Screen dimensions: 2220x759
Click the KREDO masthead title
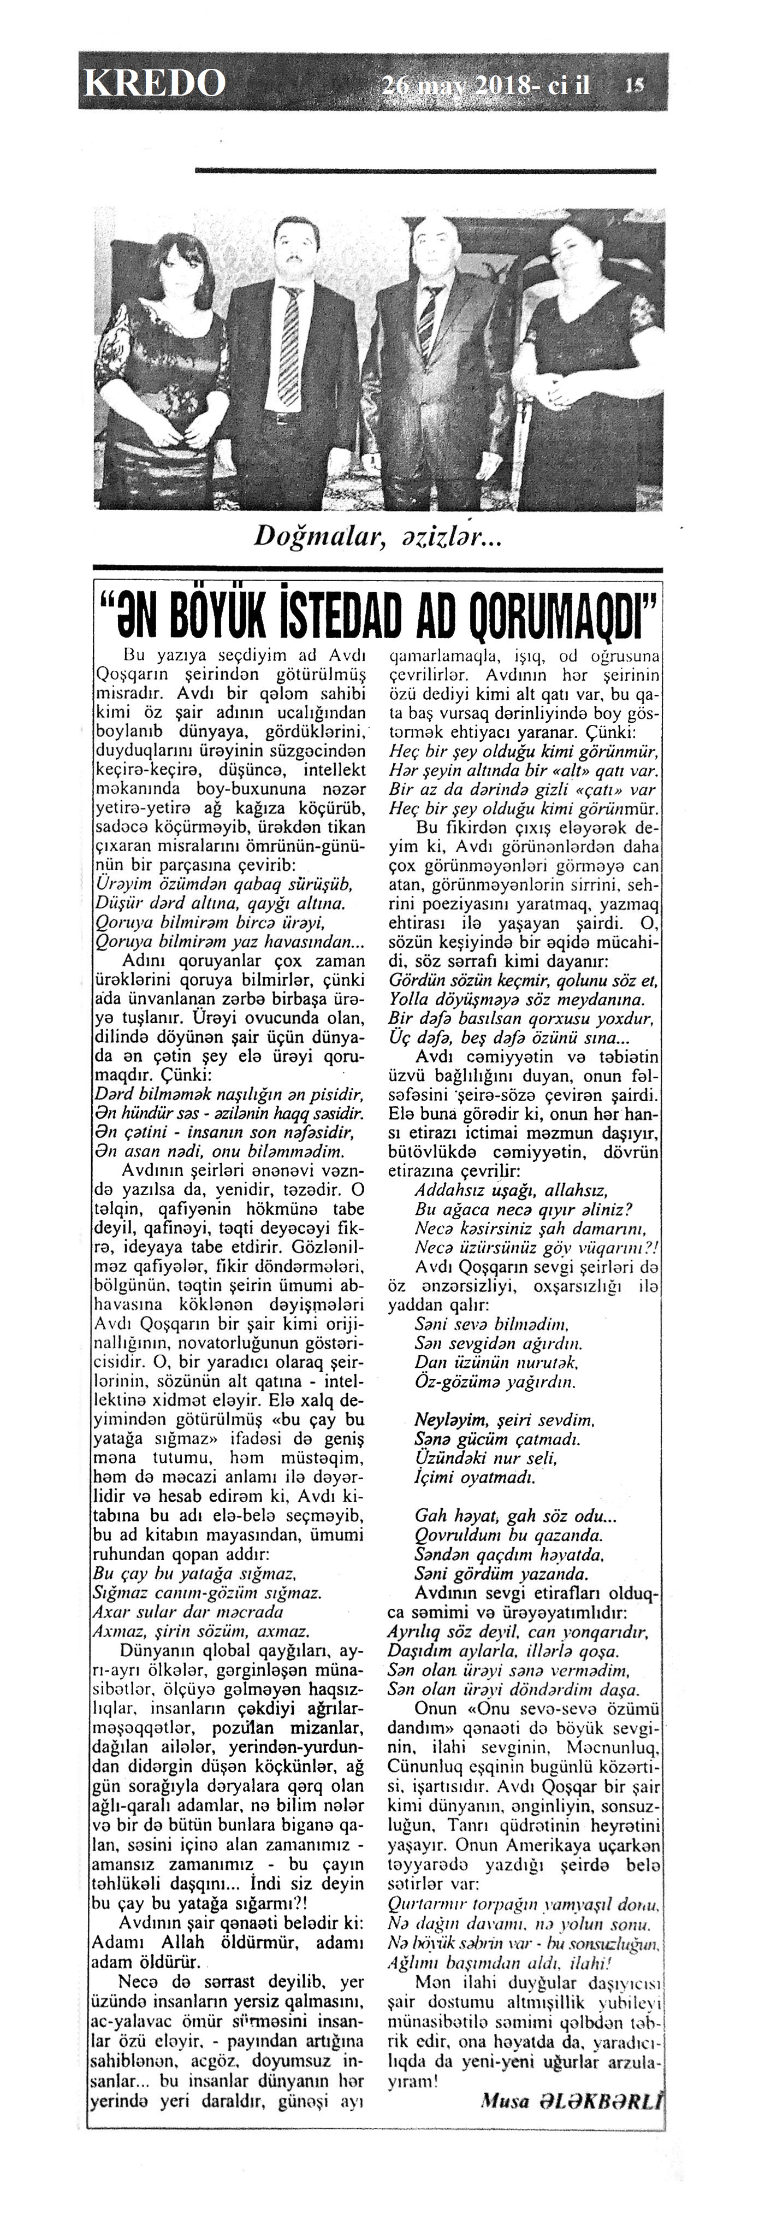click(155, 82)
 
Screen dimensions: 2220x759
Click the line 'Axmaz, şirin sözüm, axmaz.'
click(201, 1631)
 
